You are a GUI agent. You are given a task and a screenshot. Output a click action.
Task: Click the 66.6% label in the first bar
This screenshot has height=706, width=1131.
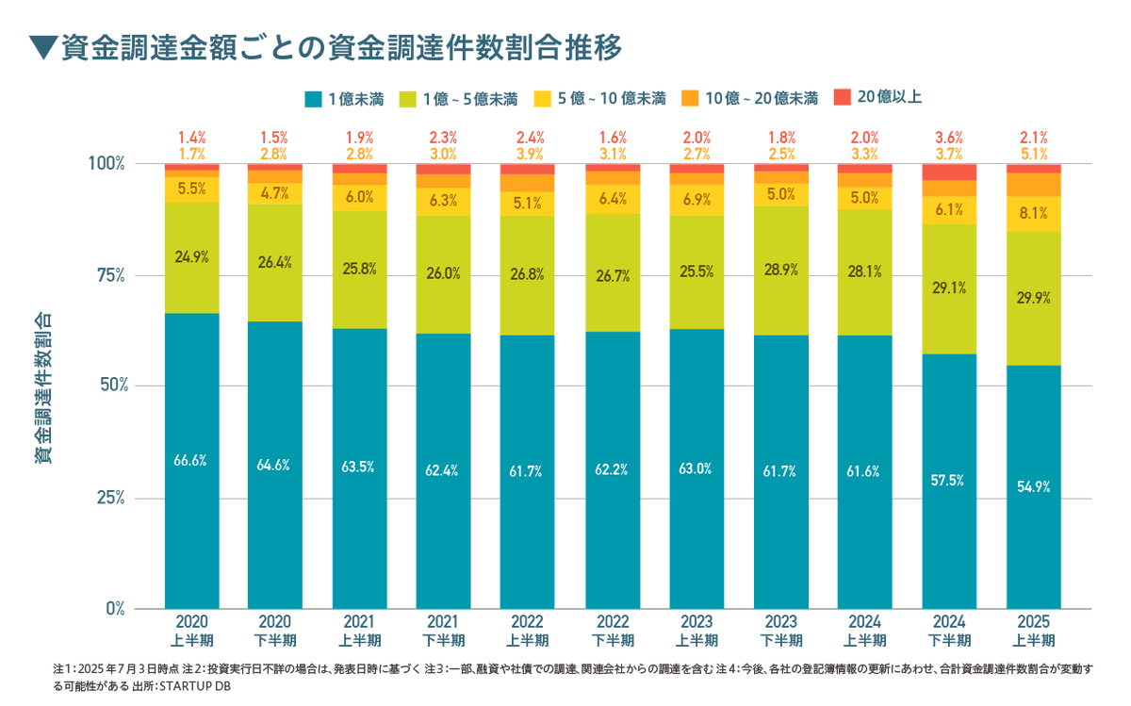tap(190, 461)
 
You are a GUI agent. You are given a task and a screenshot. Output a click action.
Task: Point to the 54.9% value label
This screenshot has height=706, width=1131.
tap(1034, 487)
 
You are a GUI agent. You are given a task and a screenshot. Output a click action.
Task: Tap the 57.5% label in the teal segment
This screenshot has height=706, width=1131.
tap(948, 480)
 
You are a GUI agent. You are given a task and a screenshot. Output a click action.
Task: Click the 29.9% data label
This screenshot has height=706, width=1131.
tap(1034, 297)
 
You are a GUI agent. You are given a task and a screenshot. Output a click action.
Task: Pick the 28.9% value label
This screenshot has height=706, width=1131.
tap(781, 270)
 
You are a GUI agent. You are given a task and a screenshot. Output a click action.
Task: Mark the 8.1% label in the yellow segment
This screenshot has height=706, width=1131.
tap(1034, 213)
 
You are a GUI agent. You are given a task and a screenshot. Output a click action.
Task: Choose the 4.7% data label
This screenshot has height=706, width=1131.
tap(274, 194)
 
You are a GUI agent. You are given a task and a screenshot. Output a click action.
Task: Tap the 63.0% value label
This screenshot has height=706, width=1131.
tap(697, 466)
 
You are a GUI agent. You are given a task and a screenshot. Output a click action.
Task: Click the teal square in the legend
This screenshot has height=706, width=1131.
tap(311, 97)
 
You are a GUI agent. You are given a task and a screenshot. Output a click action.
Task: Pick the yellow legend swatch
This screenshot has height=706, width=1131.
tap(542, 97)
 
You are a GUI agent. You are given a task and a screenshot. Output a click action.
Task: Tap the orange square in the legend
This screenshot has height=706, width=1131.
tap(690, 97)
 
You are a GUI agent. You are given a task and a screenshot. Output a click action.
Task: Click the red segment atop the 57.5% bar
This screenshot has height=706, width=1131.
tap(948, 172)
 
